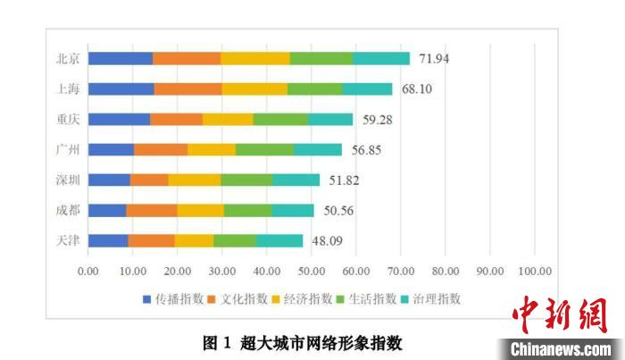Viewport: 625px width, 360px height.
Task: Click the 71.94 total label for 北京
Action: [x=435, y=59]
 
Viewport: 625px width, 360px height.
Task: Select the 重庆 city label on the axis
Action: [x=68, y=120]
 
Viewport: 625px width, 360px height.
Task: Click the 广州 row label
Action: [x=68, y=150]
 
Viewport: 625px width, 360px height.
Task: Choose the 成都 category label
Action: [x=68, y=210]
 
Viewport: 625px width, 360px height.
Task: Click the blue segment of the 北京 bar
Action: [x=121, y=59]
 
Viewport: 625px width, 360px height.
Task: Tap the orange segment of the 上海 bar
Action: [x=187, y=89]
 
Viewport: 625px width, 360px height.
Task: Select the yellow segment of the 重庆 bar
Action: [x=228, y=120]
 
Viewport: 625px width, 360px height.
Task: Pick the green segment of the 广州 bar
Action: [x=264, y=150]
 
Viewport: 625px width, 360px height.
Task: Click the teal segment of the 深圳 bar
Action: [x=296, y=180]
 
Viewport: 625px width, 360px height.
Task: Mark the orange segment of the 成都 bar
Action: [x=151, y=210]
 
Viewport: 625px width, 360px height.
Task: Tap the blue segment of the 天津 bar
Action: [x=108, y=240]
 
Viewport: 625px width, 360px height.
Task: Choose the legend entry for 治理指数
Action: [x=436, y=298]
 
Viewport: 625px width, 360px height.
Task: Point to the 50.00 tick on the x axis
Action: [x=312, y=271]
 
